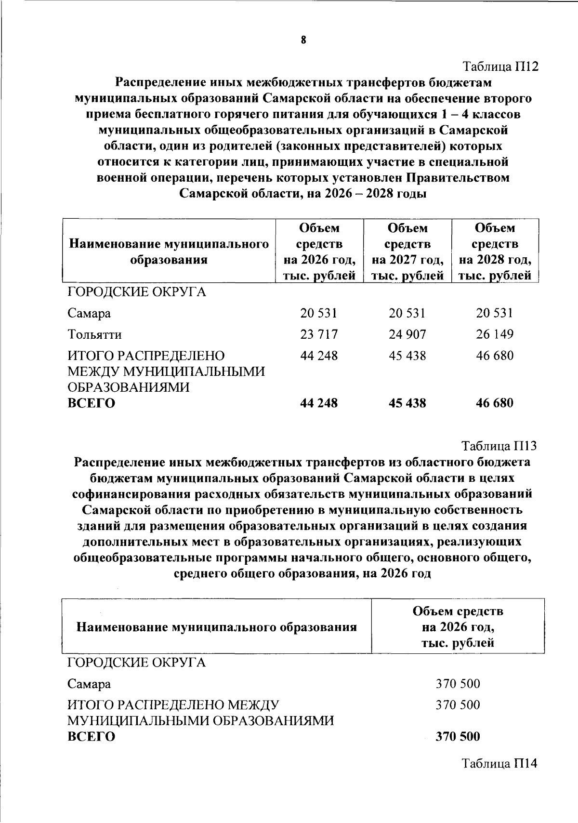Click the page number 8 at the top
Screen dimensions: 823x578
[x=303, y=40]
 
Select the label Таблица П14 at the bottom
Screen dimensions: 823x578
[x=499, y=763]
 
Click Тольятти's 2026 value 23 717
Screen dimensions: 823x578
[x=319, y=334]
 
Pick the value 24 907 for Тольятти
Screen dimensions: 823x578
[x=407, y=334]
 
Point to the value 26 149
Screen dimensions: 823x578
[x=495, y=334]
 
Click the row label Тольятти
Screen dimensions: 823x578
[x=94, y=334]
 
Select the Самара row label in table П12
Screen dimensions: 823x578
[x=89, y=313]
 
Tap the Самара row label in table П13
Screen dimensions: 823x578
[x=89, y=684]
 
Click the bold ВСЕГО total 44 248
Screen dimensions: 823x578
[x=319, y=403]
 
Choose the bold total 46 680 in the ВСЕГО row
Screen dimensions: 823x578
[x=495, y=403]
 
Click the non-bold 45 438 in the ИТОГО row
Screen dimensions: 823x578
[x=407, y=356]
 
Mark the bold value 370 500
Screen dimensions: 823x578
[x=458, y=736]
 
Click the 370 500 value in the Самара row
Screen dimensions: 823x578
[x=458, y=684]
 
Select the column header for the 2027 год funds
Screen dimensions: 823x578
[x=407, y=251]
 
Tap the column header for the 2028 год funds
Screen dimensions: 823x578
[x=495, y=251]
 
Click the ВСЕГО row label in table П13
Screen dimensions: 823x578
[x=91, y=737]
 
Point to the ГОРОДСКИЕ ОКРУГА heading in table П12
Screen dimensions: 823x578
[x=136, y=292]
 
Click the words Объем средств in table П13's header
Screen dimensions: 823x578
[x=458, y=611]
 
